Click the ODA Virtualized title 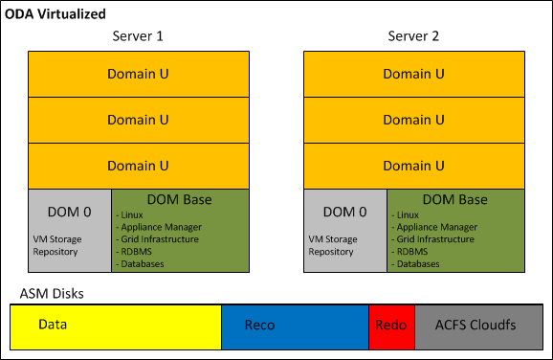(55, 13)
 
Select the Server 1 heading (138, 36)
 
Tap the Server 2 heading (413, 36)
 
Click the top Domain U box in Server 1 (138, 73)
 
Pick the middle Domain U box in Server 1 (138, 120)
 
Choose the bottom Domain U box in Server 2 (413, 166)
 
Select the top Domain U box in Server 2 (413, 73)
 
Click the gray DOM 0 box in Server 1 (70, 230)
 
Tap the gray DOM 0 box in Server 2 (345, 230)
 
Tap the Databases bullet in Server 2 (420, 263)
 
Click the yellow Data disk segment (115, 326)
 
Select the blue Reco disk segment (295, 326)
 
